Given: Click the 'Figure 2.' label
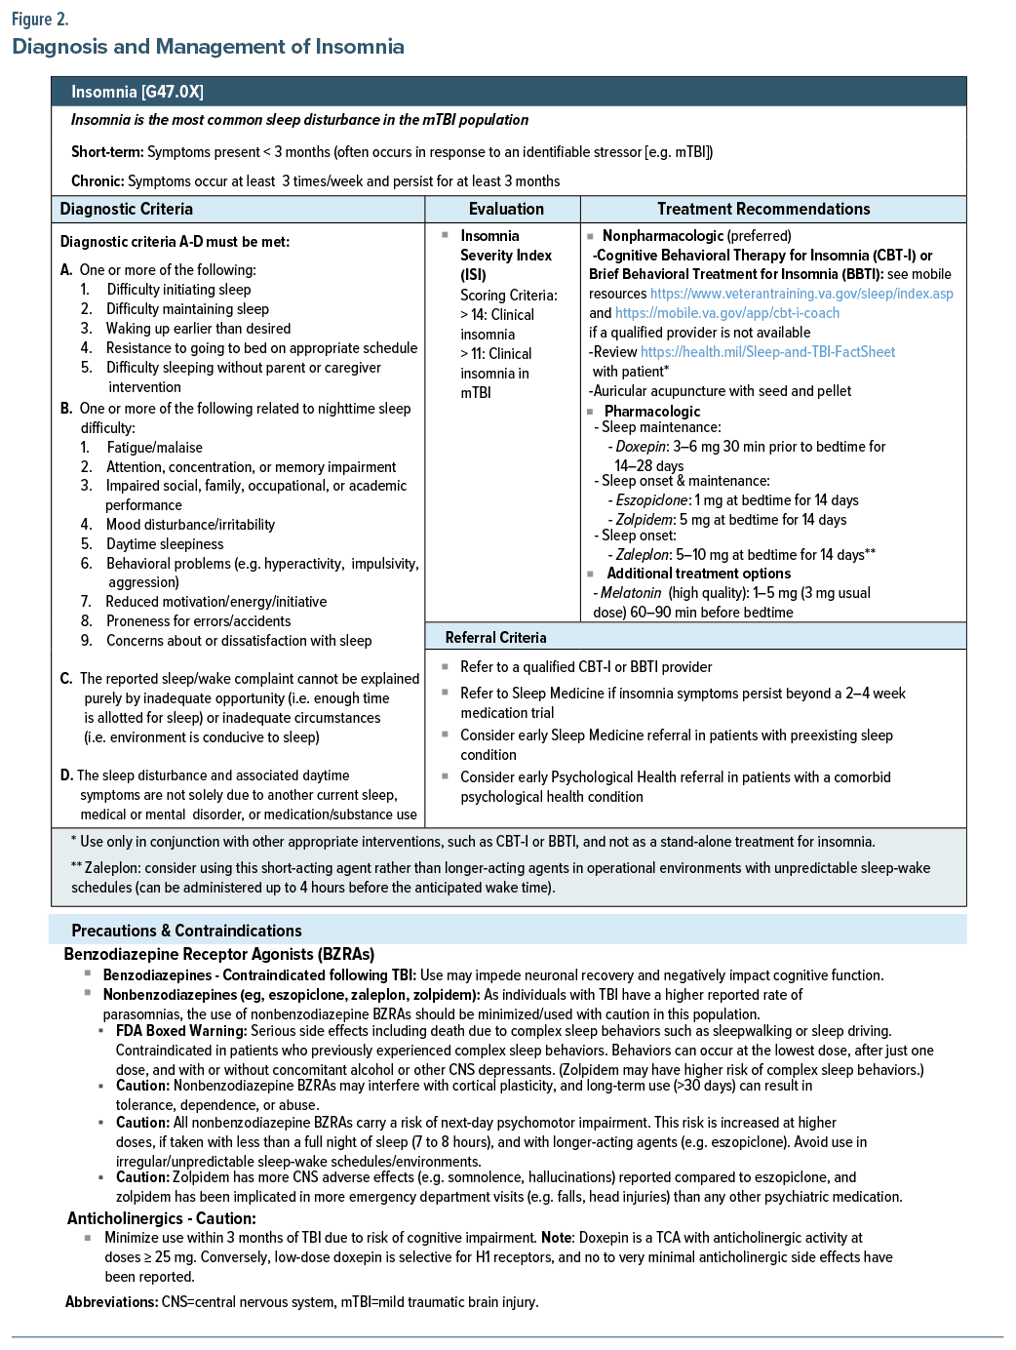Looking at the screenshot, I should tap(40, 20).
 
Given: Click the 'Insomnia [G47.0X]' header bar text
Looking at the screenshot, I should tap(137, 92).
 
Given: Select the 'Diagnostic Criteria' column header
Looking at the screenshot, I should tap(126, 209).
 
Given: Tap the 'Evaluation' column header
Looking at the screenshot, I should tap(506, 209).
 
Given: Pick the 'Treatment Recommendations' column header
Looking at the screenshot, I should tap(763, 209).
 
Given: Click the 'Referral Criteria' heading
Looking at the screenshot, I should tap(495, 637).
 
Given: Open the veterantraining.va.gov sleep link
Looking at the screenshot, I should tap(801, 294).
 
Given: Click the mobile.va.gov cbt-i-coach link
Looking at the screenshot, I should tap(726, 313).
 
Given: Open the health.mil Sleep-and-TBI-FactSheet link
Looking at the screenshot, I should tap(767, 352).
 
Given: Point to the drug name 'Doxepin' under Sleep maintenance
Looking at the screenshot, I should tap(641, 447).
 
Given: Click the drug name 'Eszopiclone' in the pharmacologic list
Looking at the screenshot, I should tap(651, 500).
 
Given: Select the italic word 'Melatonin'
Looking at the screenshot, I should tap(630, 593).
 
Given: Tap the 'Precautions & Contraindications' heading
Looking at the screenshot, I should tap(186, 931).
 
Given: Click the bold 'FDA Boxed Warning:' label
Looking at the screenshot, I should tap(181, 1031).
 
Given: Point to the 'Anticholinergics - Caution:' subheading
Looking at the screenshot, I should tap(162, 1218).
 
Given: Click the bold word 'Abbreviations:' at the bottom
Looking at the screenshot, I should tap(111, 1302).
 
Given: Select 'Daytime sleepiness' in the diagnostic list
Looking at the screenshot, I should tap(165, 544).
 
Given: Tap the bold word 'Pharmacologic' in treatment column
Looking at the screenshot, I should tap(652, 412).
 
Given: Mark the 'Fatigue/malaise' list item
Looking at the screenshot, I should tap(154, 448).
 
